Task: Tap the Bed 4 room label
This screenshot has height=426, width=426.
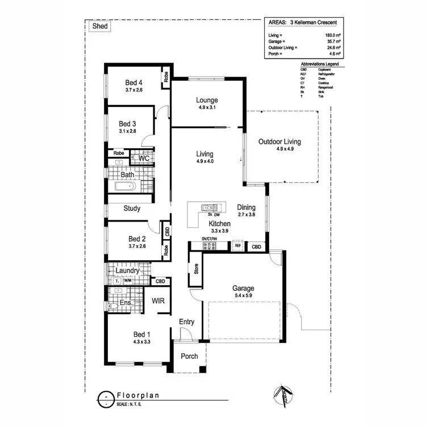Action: [134, 82]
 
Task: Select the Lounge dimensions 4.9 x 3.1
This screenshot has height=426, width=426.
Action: [208, 107]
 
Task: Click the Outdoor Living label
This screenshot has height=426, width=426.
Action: [279, 141]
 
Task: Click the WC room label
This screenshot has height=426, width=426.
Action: [144, 158]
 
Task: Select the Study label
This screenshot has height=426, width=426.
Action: [132, 208]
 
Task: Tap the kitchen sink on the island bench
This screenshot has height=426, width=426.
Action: [208, 208]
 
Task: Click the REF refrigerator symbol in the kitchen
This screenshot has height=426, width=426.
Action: [237, 246]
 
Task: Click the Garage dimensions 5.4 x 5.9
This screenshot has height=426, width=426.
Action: [243, 295]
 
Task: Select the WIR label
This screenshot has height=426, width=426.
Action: [158, 300]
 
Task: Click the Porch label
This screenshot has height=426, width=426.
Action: [189, 357]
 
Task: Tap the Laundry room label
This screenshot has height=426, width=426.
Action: [127, 271]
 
